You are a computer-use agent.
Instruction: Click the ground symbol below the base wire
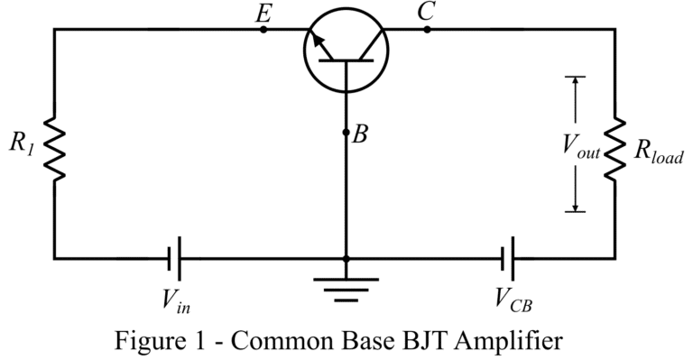[x=346, y=285]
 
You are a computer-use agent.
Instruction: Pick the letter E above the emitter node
[x=264, y=12]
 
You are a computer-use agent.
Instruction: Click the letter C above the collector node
[x=427, y=12]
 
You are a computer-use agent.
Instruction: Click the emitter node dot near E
[x=263, y=30]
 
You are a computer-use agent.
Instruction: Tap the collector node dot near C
[x=427, y=30]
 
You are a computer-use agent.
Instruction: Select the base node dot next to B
[x=346, y=133]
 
